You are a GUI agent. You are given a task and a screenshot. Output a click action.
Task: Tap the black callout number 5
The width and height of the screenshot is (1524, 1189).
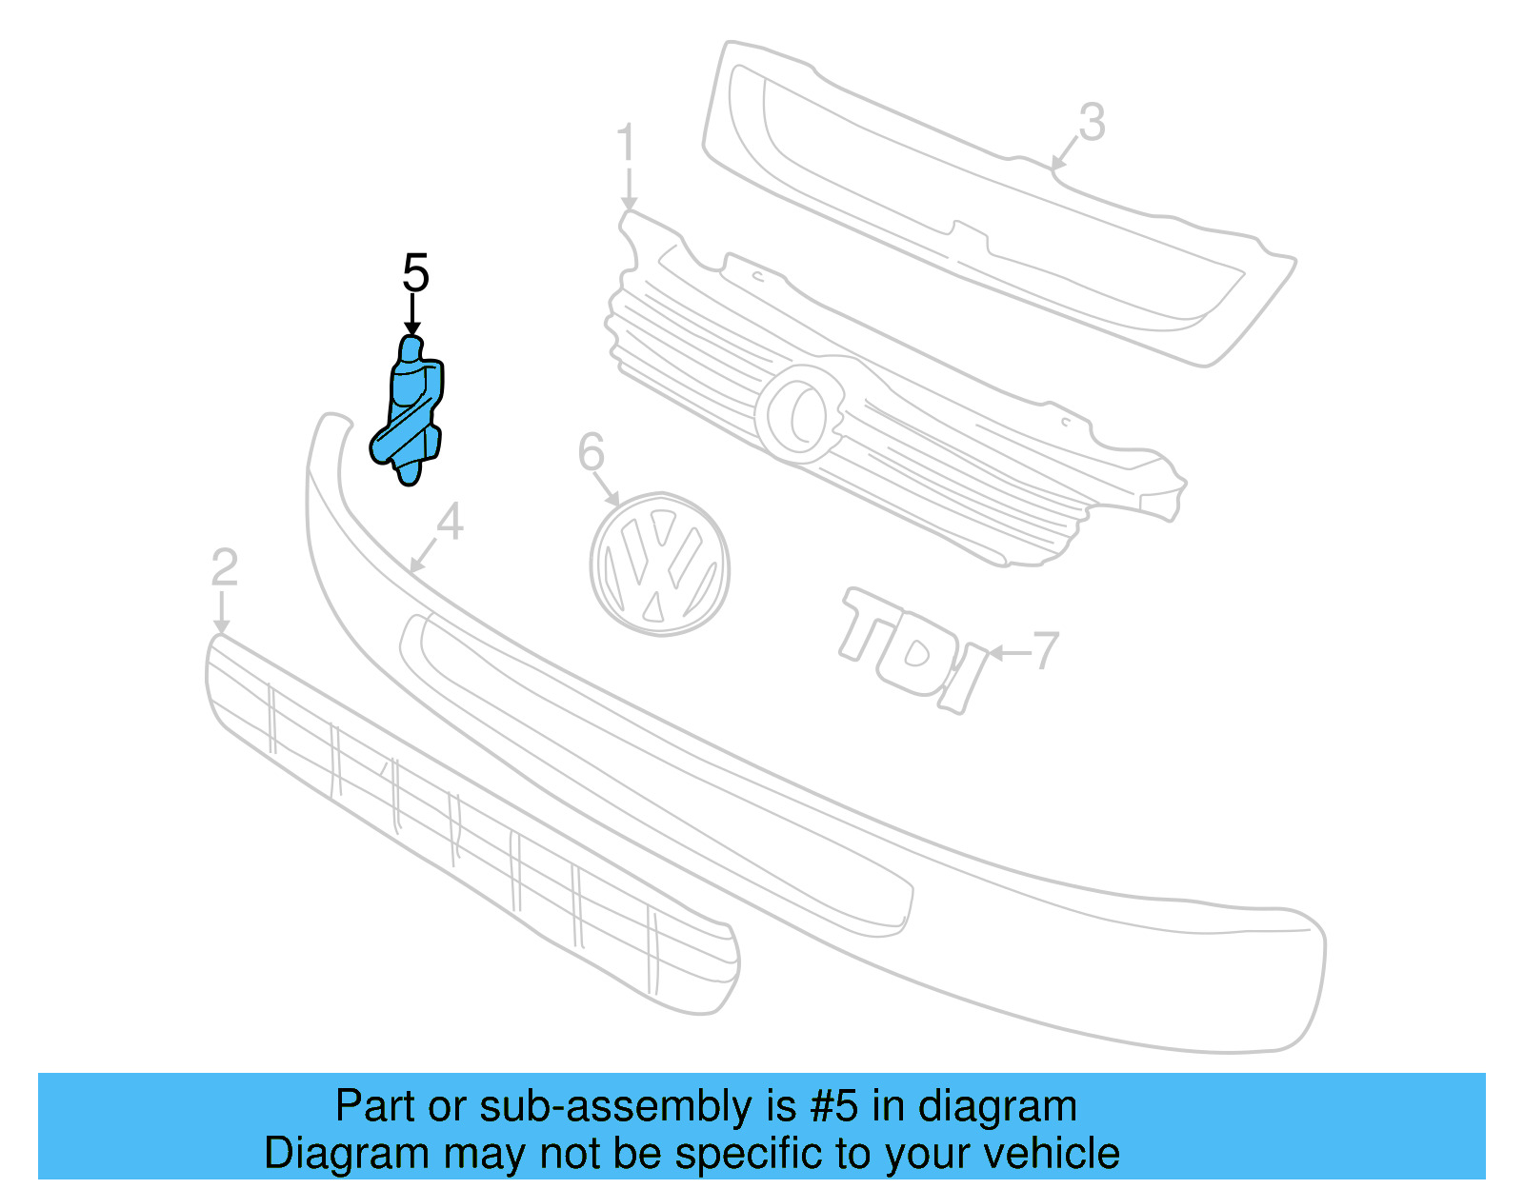(x=415, y=273)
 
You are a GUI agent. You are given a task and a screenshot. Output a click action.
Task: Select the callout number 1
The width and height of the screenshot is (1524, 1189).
(x=625, y=144)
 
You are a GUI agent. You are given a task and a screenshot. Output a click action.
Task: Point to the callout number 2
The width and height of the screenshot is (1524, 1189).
(x=224, y=567)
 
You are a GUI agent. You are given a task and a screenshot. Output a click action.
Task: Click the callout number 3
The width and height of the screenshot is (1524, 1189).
(x=1092, y=123)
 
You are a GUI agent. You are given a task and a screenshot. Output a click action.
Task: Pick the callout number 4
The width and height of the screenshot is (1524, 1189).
(x=449, y=522)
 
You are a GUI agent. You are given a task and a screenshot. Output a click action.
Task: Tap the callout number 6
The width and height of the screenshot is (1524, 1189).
(x=591, y=451)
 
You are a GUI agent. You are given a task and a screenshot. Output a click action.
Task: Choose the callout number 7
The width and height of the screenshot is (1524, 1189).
(x=1046, y=650)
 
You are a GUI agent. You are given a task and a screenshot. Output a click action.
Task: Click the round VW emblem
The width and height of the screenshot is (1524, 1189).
(x=659, y=565)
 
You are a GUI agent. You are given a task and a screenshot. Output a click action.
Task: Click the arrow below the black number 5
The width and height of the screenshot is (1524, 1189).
(x=412, y=315)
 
